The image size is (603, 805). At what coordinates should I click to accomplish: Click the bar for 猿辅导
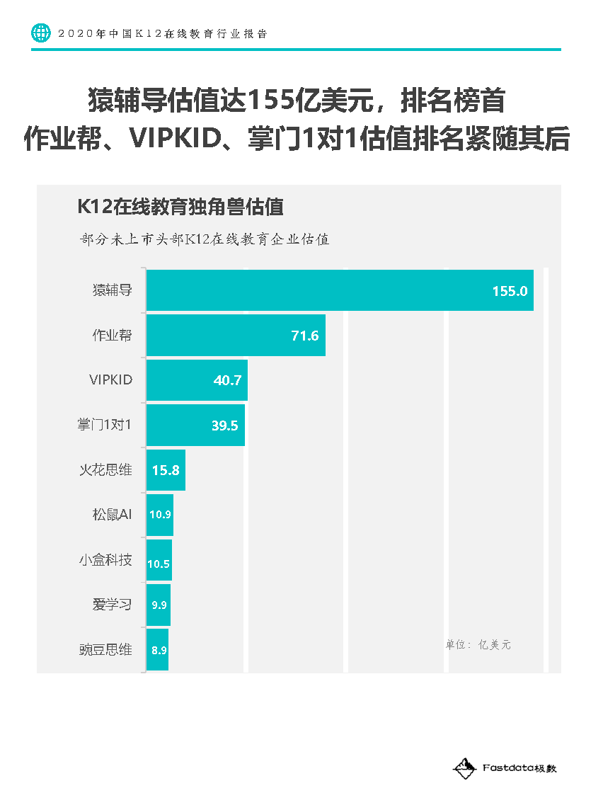pyautogui.click(x=340, y=290)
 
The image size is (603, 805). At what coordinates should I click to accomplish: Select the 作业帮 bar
pyautogui.click(x=236, y=336)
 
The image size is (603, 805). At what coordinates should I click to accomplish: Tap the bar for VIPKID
pyautogui.click(x=197, y=380)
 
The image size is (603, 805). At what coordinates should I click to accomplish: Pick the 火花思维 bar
pyautogui.click(x=166, y=470)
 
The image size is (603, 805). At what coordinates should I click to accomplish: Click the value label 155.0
pyautogui.click(x=510, y=291)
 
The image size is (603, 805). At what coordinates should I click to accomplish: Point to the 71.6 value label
pyautogui.click(x=305, y=336)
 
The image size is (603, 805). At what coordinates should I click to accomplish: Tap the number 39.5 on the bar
pyautogui.click(x=225, y=426)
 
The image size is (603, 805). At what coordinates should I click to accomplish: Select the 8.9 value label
pyautogui.click(x=159, y=650)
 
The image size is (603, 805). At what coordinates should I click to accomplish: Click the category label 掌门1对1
pyautogui.click(x=105, y=425)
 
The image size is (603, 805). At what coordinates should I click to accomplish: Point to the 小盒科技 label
pyautogui.click(x=105, y=560)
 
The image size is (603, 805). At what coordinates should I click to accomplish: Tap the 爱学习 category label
pyautogui.click(x=112, y=605)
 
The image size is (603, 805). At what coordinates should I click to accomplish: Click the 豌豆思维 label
pyautogui.click(x=105, y=650)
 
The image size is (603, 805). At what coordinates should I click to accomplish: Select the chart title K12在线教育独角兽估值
pyautogui.click(x=180, y=207)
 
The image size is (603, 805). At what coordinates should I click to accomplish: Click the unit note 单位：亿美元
pyautogui.click(x=478, y=645)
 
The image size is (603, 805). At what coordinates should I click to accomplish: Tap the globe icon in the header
pyautogui.click(x=41, y=33)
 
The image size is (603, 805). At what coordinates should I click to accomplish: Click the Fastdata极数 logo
pyautogui.click(x=505, y=767)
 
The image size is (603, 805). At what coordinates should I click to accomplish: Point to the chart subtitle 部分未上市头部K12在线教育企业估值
pyautogui.click(x=205, y=239)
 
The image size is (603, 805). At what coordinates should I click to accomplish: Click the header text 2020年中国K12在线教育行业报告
pyautogui.click(x=163, y=33)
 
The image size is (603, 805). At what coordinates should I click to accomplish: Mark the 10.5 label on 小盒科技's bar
pyautogui.click(x=159, y=564)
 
